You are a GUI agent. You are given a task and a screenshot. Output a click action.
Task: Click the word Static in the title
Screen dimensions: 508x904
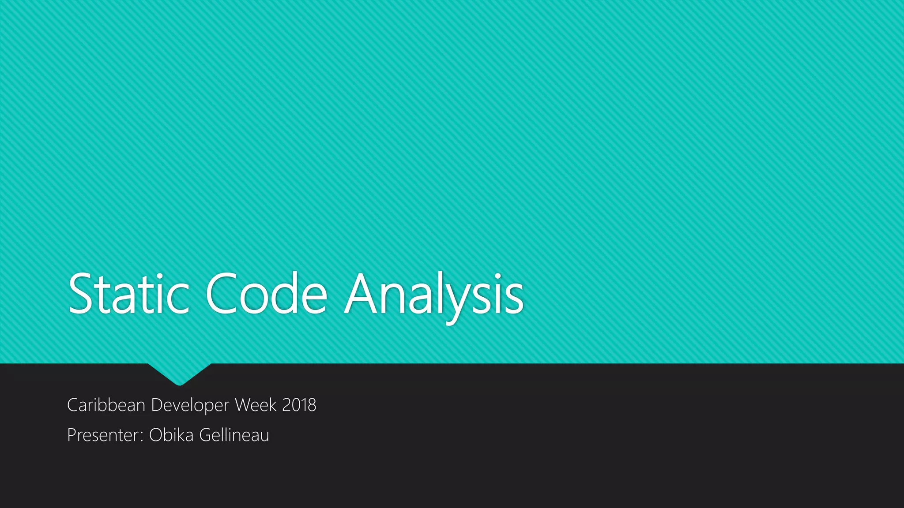(x=129, y=294)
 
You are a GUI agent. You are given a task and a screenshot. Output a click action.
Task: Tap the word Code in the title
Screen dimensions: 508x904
(x=266, y=294)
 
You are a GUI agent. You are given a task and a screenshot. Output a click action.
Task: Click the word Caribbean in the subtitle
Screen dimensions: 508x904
(x=106, y=405)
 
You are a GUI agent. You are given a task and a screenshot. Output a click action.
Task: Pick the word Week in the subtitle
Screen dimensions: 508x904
(x=256, y=405)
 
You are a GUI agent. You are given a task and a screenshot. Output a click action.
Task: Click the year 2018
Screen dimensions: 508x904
(x=299, y=405)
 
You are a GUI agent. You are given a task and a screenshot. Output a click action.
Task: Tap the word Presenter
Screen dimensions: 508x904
(x=104, y=435)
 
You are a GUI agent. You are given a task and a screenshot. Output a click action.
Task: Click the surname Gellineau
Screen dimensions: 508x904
(x=234, y=435)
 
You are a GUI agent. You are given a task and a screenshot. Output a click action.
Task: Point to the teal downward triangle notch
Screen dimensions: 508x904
(x=179, y=373)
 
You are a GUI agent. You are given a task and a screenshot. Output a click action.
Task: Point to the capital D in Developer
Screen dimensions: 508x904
(x=157, y=405)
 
